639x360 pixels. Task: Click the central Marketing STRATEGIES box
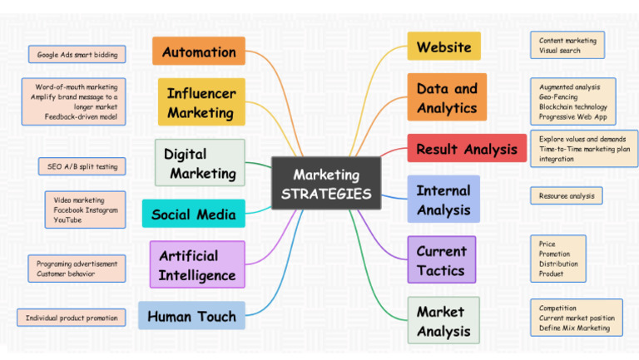point(326,183)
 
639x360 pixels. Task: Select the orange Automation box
point(199,51)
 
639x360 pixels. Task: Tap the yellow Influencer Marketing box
point(201,101)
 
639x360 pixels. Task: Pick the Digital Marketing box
point(200,162)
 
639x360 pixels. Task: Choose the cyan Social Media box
point(194,214)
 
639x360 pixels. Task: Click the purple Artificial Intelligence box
point(197,264)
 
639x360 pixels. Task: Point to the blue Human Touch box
point(191,315)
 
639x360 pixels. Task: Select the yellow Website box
point(443,46)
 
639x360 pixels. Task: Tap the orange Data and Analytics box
point(447,97)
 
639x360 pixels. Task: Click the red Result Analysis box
point(467,148)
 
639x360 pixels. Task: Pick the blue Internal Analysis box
point(443,200)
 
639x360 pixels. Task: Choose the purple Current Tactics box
point(442,259)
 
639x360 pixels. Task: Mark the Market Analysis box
point(443,320)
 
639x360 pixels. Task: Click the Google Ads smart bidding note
point(77,54)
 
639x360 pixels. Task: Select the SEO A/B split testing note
point(82,166)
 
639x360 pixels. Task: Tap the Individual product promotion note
point(72,318)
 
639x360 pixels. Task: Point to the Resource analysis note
point(567,196)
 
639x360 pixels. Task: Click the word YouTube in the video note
point(67,220)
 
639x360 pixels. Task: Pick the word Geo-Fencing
point(558,97)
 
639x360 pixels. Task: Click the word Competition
point(557,308)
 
